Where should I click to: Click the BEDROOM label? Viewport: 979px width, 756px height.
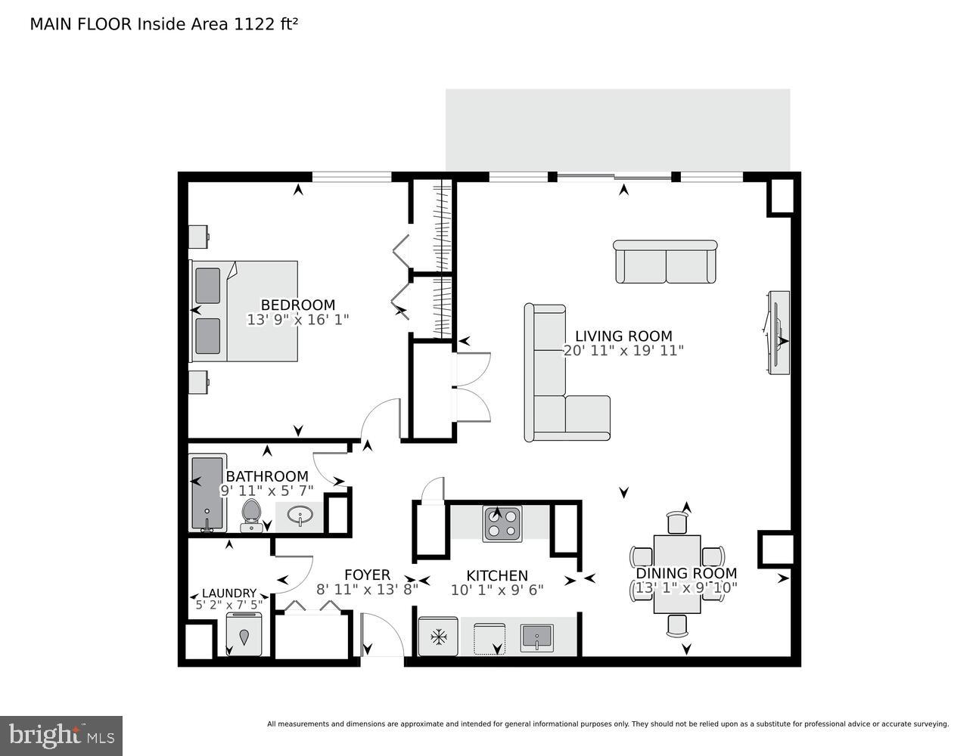298,305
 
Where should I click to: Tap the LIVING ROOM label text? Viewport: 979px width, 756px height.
623,336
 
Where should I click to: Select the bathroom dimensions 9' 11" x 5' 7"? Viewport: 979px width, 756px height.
267,490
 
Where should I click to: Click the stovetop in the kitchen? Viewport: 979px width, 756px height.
502,523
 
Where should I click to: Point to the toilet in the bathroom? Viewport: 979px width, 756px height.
250,515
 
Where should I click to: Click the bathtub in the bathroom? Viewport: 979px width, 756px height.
207,493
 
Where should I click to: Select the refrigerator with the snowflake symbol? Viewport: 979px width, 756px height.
438,637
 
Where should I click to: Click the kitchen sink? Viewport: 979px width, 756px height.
537,637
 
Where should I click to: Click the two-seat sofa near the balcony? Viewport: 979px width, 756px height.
665,262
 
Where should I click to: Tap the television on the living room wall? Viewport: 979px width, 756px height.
778,332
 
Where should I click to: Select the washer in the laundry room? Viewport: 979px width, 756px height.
244,634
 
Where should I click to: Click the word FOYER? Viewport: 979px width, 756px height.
367,575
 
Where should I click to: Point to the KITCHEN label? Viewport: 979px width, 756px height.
497,576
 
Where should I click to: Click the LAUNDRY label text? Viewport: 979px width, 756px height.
229,593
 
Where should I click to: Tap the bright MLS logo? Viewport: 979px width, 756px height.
62,735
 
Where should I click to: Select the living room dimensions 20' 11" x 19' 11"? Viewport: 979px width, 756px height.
623,351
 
